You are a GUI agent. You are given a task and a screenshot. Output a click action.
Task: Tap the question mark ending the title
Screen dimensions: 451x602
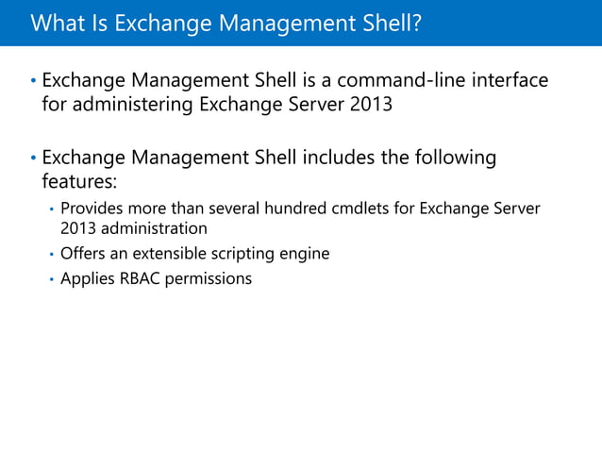coord(414,22)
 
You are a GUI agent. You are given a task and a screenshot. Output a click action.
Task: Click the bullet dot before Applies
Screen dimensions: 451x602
coord(50,279)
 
